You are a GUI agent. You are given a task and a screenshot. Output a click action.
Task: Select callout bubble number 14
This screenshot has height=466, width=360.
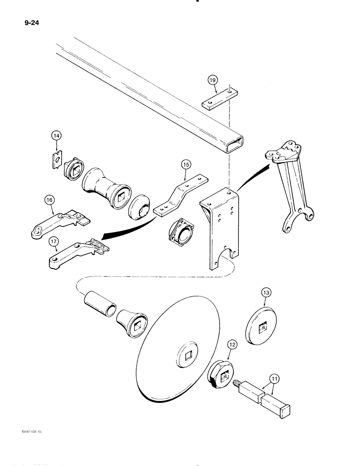(x=56, y=136)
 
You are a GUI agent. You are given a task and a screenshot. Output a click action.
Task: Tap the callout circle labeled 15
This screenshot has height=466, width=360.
(x=185, y=164)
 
